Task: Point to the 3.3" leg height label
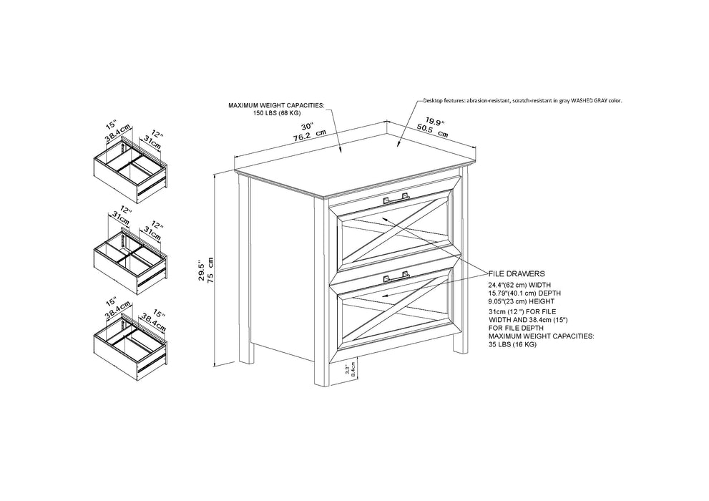347,370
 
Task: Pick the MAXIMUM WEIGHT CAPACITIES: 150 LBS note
276,109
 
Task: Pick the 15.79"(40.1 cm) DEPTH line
524,293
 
